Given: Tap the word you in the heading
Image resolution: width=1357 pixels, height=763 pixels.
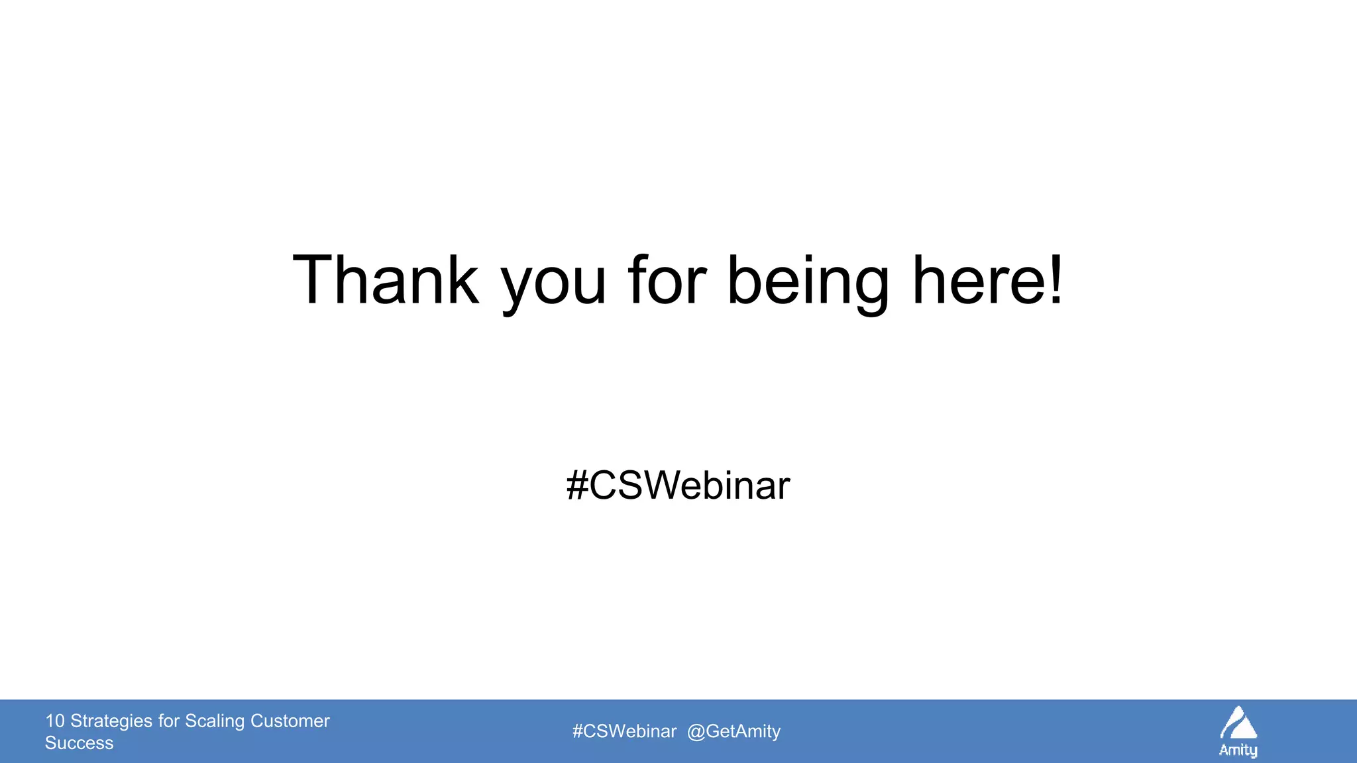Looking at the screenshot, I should tap(553, 285).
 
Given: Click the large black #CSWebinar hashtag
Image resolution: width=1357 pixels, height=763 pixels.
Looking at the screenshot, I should tap(678, 485).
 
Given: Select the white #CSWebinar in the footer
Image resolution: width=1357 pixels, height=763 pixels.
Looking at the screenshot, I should tap(624, 731).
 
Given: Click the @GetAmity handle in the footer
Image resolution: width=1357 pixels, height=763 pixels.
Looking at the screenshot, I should tap(734, 731).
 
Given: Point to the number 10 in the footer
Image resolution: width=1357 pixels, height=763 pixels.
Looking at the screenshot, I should tap(54, 721).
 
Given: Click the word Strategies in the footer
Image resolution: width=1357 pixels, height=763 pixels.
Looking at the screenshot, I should tap(111, 721).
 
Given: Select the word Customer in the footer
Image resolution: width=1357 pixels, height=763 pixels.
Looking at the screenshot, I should tap(290, 721).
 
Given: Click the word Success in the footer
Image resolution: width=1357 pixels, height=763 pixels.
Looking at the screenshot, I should tap(79, 743).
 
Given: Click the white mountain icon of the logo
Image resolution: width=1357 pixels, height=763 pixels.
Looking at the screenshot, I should tap(1238, 723).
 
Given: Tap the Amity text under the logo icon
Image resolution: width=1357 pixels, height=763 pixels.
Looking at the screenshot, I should tap(1238, 750).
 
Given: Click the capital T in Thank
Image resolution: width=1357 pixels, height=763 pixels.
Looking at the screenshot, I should tap(315, 281).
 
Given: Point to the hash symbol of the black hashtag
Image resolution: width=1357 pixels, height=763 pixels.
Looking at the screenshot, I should tap(577, 485).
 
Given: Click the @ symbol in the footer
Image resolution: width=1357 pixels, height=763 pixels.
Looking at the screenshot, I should tap(696, 732).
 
